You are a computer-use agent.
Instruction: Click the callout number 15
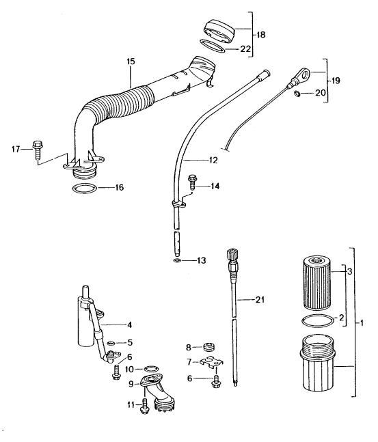pyautogui.click(x=131, y=61)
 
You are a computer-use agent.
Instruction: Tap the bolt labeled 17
pyautogui.click(x=37, y=150)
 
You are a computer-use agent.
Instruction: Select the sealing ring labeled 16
pyautogui.click(x=84, y=188)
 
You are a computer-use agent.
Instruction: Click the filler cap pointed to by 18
pyautogui.click(x=219, y=31)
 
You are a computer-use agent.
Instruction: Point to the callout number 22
pyautogui.click(x=245, y=49)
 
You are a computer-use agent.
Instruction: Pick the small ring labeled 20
pyautogui.click(x=297, y=93)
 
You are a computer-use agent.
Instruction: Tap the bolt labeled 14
pyautogui.click(x=193, y=182)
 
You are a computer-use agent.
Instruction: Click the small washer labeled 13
pyautogui.click(x=177, y=260)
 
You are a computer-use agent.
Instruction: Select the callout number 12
pyautogui.click(x=213, y=160)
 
